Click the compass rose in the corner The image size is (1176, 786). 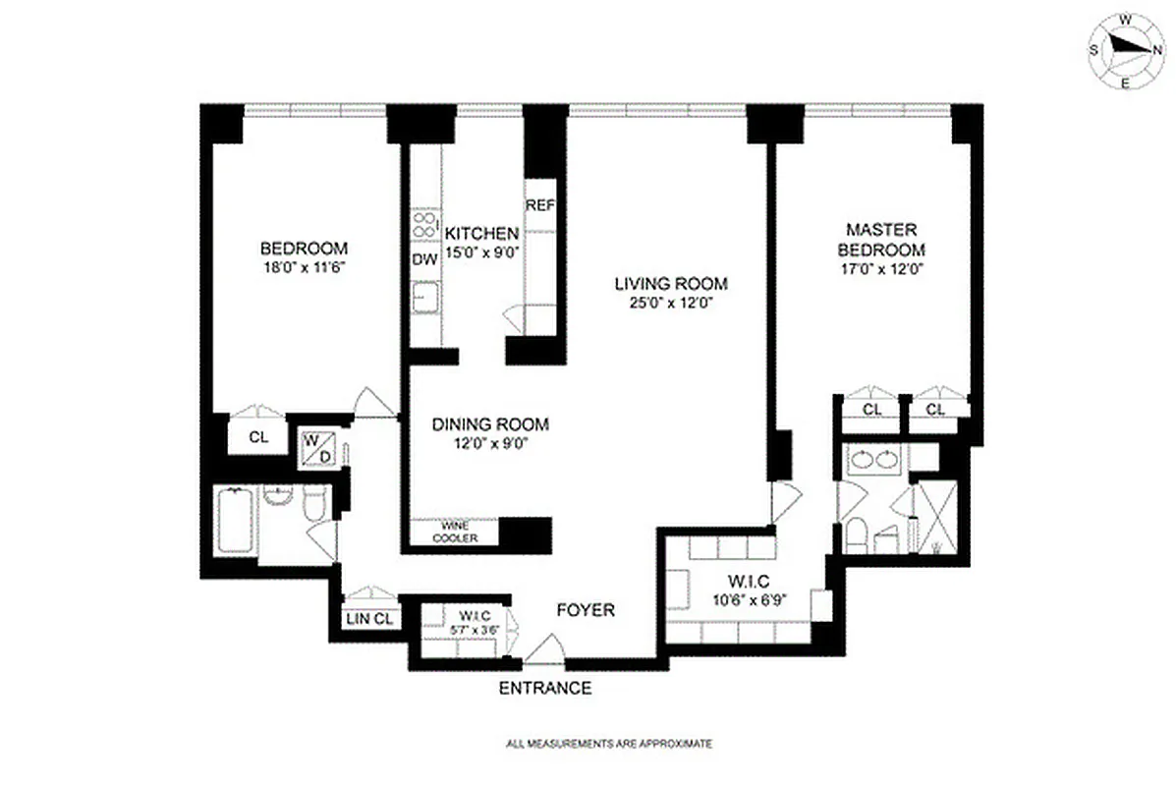pos(1126,50)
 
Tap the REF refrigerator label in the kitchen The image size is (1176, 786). pos(540,205)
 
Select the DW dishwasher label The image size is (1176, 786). pos(424,260)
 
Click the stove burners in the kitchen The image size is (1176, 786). pos(424,225)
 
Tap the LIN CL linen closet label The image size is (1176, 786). pos(369,619)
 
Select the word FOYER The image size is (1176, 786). pos(586,610)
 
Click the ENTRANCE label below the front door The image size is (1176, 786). pos(546,688)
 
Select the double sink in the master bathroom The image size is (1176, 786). pos(873,459)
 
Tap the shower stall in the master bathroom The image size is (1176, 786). pos(936,516)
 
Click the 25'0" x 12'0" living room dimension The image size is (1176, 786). pos(671,304)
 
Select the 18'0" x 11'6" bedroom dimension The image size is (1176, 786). pos(304,265)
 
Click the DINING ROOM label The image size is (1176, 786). pos(490,424)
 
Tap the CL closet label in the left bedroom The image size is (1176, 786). pos(257,438)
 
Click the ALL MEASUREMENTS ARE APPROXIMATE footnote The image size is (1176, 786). pos(608,744)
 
